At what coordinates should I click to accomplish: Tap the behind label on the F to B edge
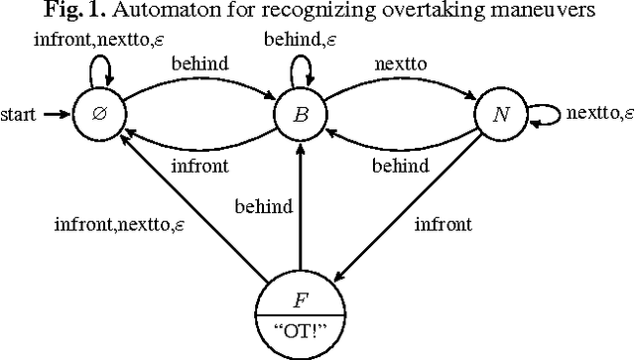[x=263, y=207]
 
